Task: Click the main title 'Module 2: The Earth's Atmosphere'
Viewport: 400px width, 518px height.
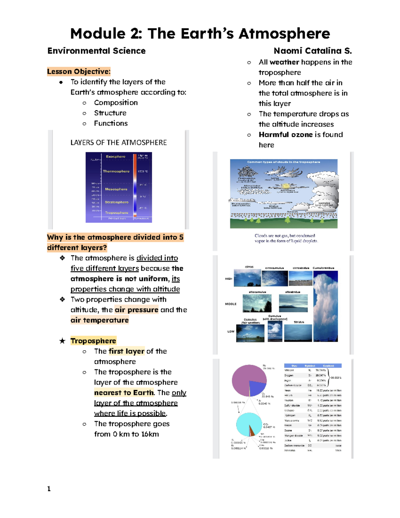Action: click(200, 34)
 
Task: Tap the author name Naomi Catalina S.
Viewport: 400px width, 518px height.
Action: click(312, 51)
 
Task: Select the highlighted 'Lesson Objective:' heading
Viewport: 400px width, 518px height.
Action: click(78, 71)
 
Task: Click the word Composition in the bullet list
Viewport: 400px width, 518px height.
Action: click(116, 103)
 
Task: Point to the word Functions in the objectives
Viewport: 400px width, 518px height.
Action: click(111, 123)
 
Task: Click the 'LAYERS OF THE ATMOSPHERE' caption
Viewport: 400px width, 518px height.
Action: click(118, 142)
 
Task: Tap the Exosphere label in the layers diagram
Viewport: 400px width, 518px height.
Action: click(115, 156)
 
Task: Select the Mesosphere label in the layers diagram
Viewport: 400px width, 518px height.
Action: click(116, 189)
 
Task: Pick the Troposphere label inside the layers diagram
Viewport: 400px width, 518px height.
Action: click(116, 212)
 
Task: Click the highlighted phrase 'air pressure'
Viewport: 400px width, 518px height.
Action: click(136, 310)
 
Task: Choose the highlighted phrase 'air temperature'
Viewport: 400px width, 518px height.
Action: click(99, 320)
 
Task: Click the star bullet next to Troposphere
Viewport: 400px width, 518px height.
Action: click(62, 341)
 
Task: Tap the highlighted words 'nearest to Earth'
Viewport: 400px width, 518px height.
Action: click(124, 393)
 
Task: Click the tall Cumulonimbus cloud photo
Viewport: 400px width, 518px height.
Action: click(325, 306)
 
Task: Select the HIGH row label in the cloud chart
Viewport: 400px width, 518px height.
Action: click(229, 279)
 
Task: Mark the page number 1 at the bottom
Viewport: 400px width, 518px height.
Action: click(49, 489)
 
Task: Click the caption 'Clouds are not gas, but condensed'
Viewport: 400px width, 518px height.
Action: click(285, 235)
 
